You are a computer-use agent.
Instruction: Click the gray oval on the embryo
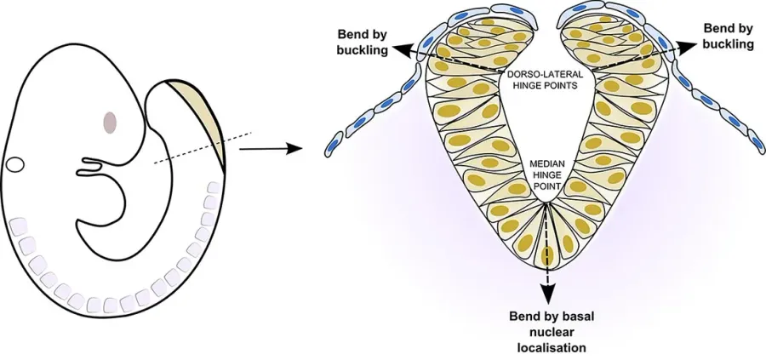pyautogui.click(x=110, y=122)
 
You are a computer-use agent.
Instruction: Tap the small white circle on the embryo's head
pyautogui.click(x=15, y=164)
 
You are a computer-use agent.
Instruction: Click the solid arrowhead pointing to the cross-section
pyautogui.click(x=292, y=149)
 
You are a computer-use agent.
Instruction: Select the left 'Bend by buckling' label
pyautogui.click(x=362, y=42)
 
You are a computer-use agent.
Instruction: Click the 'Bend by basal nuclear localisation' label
pyautogui.click(x=552, y=332)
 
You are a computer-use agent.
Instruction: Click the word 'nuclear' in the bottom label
pyautogui.click(x=552, y=332)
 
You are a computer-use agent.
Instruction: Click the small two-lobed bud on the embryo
pyautogui.click(x=91, y=167)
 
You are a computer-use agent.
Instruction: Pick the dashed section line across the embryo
pyautogui.click(x=203, y=148)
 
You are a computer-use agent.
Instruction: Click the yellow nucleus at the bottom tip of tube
pyautogui.click(x=547, y=254)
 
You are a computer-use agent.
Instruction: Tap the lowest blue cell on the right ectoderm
pyautogui.click(x=757, y=144)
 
